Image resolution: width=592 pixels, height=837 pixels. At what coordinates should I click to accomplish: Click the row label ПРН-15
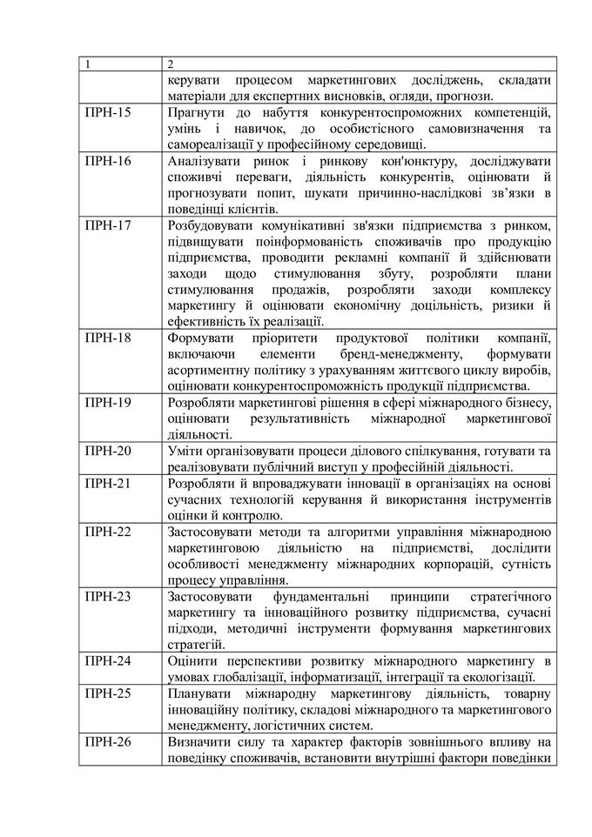108,112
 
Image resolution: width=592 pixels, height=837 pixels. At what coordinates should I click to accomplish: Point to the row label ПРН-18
108,338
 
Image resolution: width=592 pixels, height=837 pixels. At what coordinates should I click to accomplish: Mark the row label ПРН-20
108,451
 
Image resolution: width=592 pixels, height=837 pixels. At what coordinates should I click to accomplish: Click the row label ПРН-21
108,484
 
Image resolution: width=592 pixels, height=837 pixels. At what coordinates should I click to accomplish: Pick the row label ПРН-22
108,532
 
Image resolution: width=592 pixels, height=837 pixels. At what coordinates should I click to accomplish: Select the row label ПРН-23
108,597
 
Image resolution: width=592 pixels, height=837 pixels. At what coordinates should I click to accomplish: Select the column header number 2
171,64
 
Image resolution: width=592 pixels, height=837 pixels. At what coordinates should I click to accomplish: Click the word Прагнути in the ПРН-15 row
196,112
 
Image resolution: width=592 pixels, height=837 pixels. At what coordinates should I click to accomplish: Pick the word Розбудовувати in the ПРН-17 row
212,226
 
